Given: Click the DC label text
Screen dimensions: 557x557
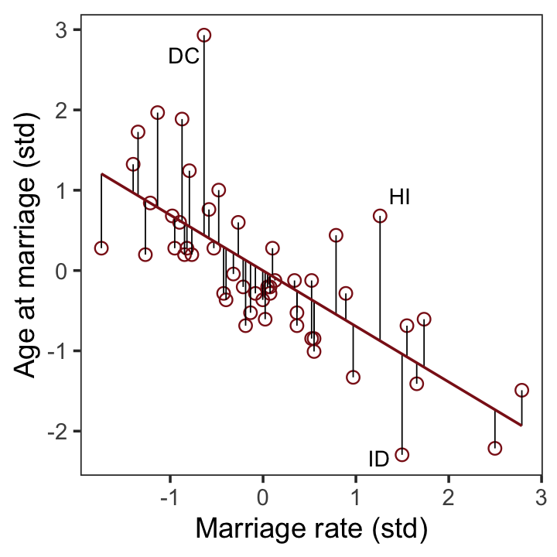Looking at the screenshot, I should (x=183, y=56).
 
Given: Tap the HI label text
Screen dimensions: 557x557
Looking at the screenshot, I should (x=399, y=197).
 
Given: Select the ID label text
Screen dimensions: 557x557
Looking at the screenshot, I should (x=378, y=460).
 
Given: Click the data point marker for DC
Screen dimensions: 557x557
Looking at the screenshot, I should (x=204, y=35).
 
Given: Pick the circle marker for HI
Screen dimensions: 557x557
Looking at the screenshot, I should (x=380, y=216).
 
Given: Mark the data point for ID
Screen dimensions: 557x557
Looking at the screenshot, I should (x=402, y=454).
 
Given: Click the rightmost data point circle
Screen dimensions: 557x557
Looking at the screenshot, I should (x=521, y=390).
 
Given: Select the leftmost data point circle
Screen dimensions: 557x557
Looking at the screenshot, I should (x=101, y=248).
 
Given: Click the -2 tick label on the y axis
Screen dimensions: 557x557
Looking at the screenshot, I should (x=58, y=431).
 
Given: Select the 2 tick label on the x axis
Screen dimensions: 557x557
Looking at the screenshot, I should (x=448, y=495).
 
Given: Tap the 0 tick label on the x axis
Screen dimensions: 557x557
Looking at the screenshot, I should (x=263, y=495).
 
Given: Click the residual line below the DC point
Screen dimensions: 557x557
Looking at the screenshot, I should (x=204, y=139).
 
